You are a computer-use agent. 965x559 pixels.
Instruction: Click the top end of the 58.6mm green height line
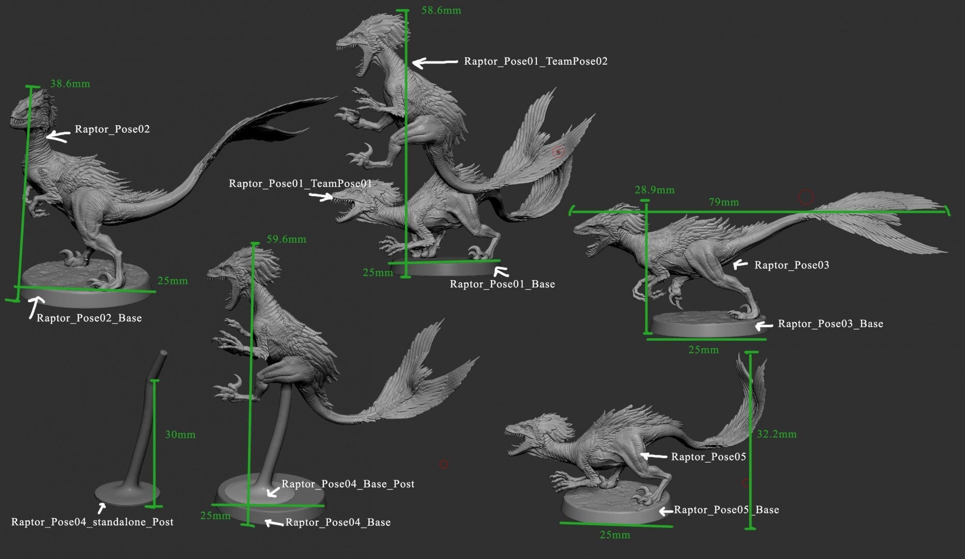(x=406, y=11)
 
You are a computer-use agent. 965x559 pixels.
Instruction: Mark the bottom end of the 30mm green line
(x=154, y=506)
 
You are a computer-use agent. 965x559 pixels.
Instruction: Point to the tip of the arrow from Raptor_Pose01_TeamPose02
(x=413, y=63)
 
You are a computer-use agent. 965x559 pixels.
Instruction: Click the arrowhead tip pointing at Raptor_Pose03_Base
(x=756, y=326)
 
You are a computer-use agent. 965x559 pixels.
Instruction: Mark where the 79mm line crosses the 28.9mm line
(x=646, y=212)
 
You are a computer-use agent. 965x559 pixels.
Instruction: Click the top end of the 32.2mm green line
(x=751, y=353)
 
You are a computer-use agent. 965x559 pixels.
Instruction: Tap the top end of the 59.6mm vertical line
(x=254, y=243)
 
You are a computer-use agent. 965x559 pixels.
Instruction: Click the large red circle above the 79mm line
(x=806, y=197)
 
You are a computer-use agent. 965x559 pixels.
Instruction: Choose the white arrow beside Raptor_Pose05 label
(x=654, y=456)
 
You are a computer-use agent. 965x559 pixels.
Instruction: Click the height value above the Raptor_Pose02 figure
(x=70, y=83)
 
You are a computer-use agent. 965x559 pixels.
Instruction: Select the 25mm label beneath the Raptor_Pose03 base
(x=703, y=350)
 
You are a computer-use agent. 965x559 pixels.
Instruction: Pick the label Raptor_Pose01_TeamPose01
(x=300, y=183)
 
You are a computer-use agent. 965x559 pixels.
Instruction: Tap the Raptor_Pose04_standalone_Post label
(x=92, y=522)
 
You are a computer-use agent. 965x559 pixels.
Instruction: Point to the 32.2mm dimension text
(x=776, y=434)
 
